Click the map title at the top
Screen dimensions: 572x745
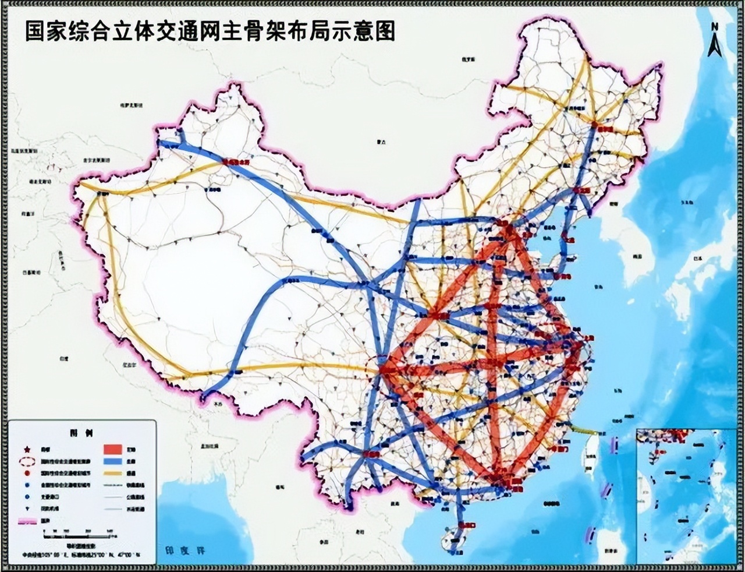(210, 31)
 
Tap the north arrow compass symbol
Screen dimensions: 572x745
(715, 41)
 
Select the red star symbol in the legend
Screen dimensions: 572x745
(26, 449)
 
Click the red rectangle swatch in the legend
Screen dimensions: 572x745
(113, 449)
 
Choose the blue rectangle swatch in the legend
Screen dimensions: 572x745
(113, 461)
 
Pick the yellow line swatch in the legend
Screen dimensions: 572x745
(113, 473)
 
